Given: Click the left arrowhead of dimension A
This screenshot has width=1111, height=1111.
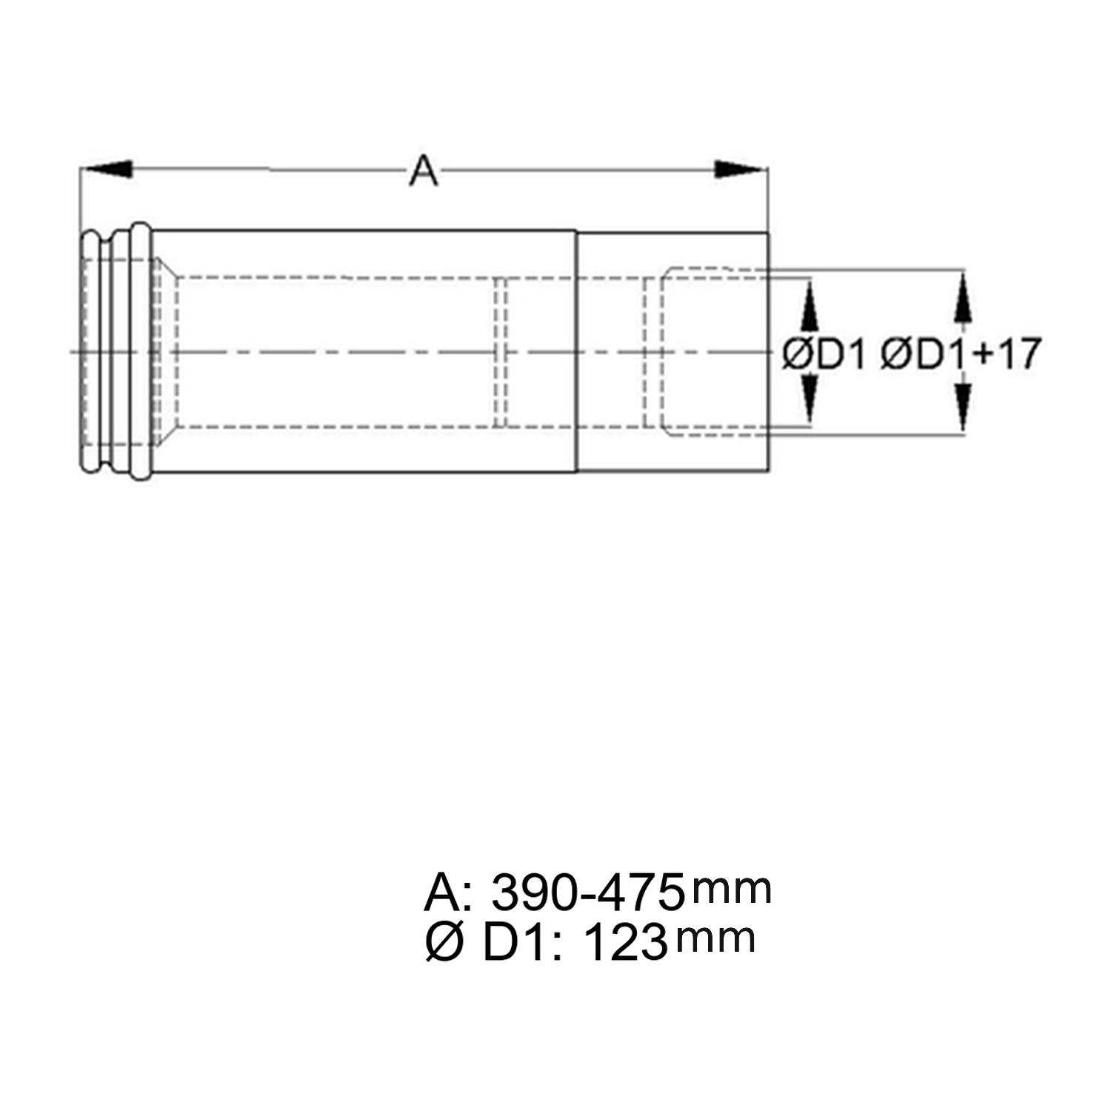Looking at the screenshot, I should coord(107,170).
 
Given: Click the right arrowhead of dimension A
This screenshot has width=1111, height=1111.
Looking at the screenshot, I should coord(739,170).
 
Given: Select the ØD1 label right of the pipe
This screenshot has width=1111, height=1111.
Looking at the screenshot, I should coord(824,354).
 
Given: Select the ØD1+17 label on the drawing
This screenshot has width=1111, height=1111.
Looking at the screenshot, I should coord(961,354).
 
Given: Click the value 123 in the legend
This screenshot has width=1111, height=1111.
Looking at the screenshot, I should coord(625,943).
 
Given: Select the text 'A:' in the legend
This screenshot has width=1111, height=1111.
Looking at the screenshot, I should coord(447,893).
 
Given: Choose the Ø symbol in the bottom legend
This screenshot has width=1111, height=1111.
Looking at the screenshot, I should coord(444,943).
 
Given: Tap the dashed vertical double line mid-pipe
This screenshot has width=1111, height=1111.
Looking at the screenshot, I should coord(501,352).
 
